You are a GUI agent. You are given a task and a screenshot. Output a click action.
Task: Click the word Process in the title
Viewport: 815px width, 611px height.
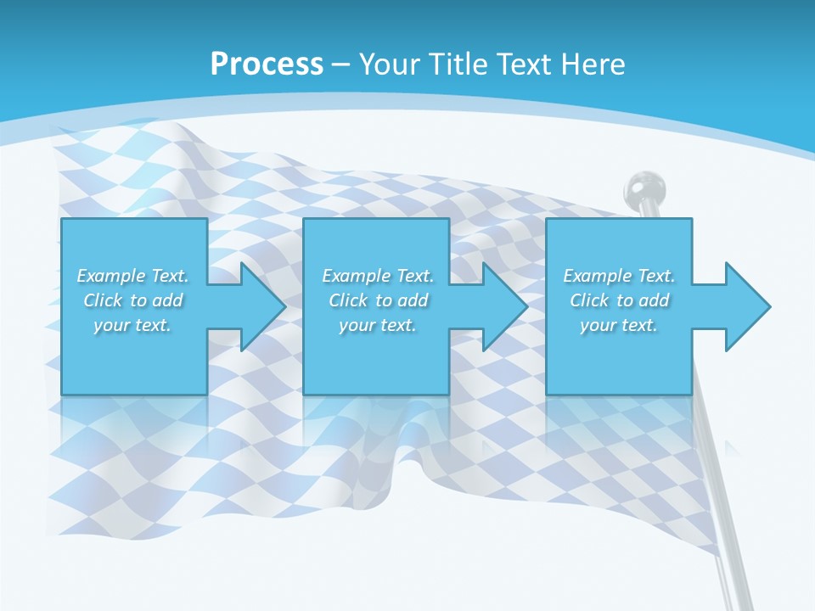[x=267, y=64]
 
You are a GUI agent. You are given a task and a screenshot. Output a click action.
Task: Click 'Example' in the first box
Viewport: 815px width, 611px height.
[x=111, y=276]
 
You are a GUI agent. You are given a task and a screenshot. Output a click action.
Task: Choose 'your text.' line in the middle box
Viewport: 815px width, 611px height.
[x=377, y=325]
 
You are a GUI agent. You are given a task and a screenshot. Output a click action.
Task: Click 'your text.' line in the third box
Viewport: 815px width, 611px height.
[x=618, y=325]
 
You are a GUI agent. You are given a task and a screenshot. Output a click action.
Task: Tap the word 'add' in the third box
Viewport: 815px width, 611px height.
[x=654, y=300]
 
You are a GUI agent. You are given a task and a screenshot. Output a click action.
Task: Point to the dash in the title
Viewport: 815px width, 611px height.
[x=340, y=64]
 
